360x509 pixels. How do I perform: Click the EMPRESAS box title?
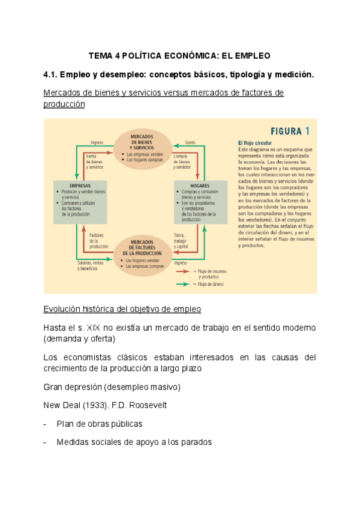coord(80,185)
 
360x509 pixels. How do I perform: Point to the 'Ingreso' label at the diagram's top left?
coord(97,142)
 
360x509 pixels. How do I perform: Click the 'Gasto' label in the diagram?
coord(190,142)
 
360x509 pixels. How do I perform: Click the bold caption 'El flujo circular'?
coord(254,142)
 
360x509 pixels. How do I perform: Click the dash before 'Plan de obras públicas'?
coord(46,424)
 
